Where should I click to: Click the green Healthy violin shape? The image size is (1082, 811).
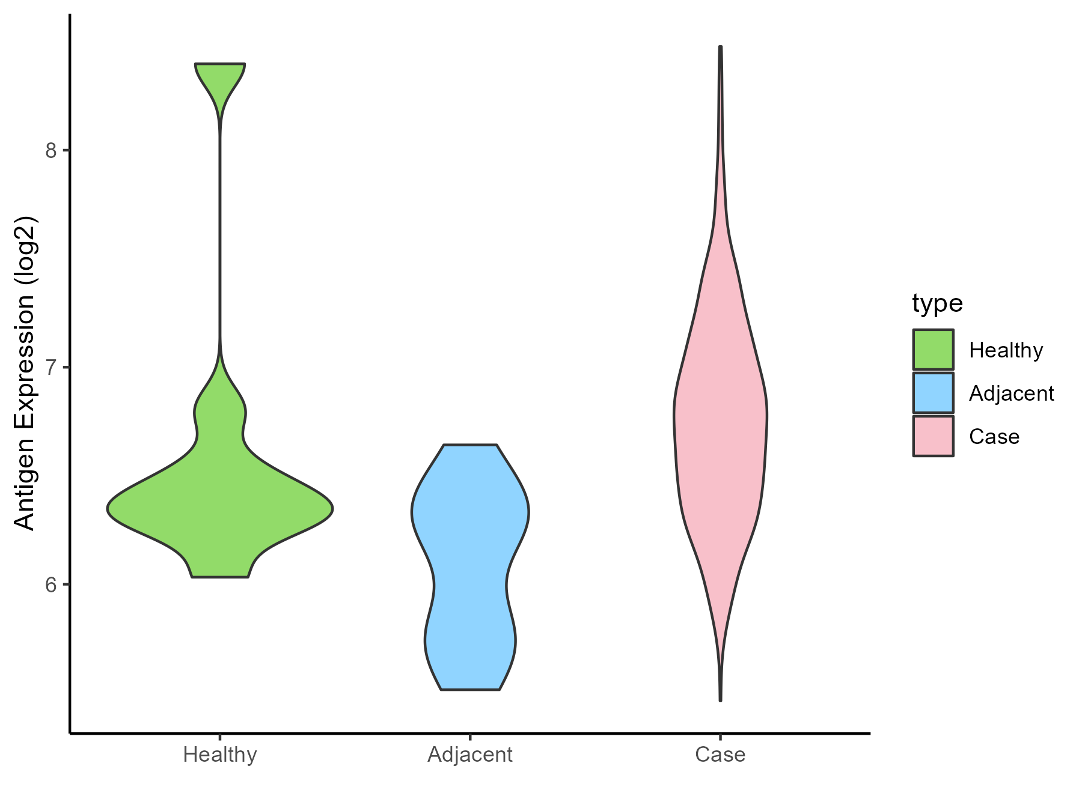pyautogui.click(x=220, y=511)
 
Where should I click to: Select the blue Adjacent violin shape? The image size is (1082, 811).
pyautogui.click(x=470, y=541)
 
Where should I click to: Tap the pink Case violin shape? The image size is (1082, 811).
pyautogui.click(x=720, y=421)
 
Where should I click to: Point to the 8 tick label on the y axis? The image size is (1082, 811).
pyautogui.click(x=51, y=150)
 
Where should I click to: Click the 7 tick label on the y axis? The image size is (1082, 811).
pyautogui.click(x=51, y=367)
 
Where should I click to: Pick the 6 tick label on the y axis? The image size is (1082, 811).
pyautogui.click(x=51, y=584)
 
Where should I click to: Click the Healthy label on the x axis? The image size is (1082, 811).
pyautogui.click(x=220, y=755)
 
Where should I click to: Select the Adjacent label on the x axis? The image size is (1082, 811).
pyautogui.click(x=470, y=755)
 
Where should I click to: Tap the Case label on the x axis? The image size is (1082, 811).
pyautogui.click(x=720, y=755)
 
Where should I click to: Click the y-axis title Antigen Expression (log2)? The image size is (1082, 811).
pyautogui.click(x=25, y=372)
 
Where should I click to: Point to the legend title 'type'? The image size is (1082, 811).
pyautogui.click(x=937, y=303)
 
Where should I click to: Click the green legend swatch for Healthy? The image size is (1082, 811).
pyautogui.click(x=933, y=349)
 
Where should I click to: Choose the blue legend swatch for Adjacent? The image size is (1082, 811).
pyautogui.click(x=933, y=393)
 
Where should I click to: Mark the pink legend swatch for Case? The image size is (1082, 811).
pyautogui.click(x=933, y=436)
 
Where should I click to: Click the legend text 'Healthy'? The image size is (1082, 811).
pyautogui.click(x=1006, y=350)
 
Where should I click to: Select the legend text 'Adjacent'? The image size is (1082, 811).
pyautogui.click(x=1012, y=393)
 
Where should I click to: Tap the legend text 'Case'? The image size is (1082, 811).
pyautogui.click(x=994, y=437)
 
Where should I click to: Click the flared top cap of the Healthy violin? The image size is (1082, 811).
pyautogui.click(x=220, y=75)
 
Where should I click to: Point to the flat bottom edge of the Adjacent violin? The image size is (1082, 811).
pyautogui.click(x=470, y=688)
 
